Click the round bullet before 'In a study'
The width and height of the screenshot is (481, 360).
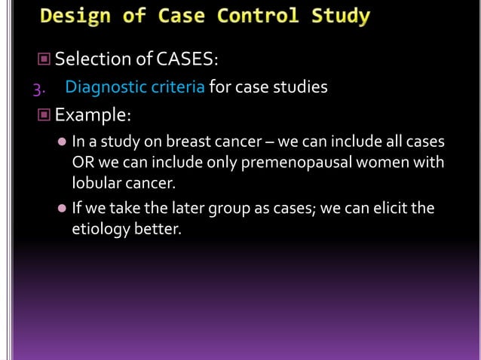(x=62, y=142)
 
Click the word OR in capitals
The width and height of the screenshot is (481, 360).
(x=82, y=163)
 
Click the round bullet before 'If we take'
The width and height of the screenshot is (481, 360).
(x=62, y=209)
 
